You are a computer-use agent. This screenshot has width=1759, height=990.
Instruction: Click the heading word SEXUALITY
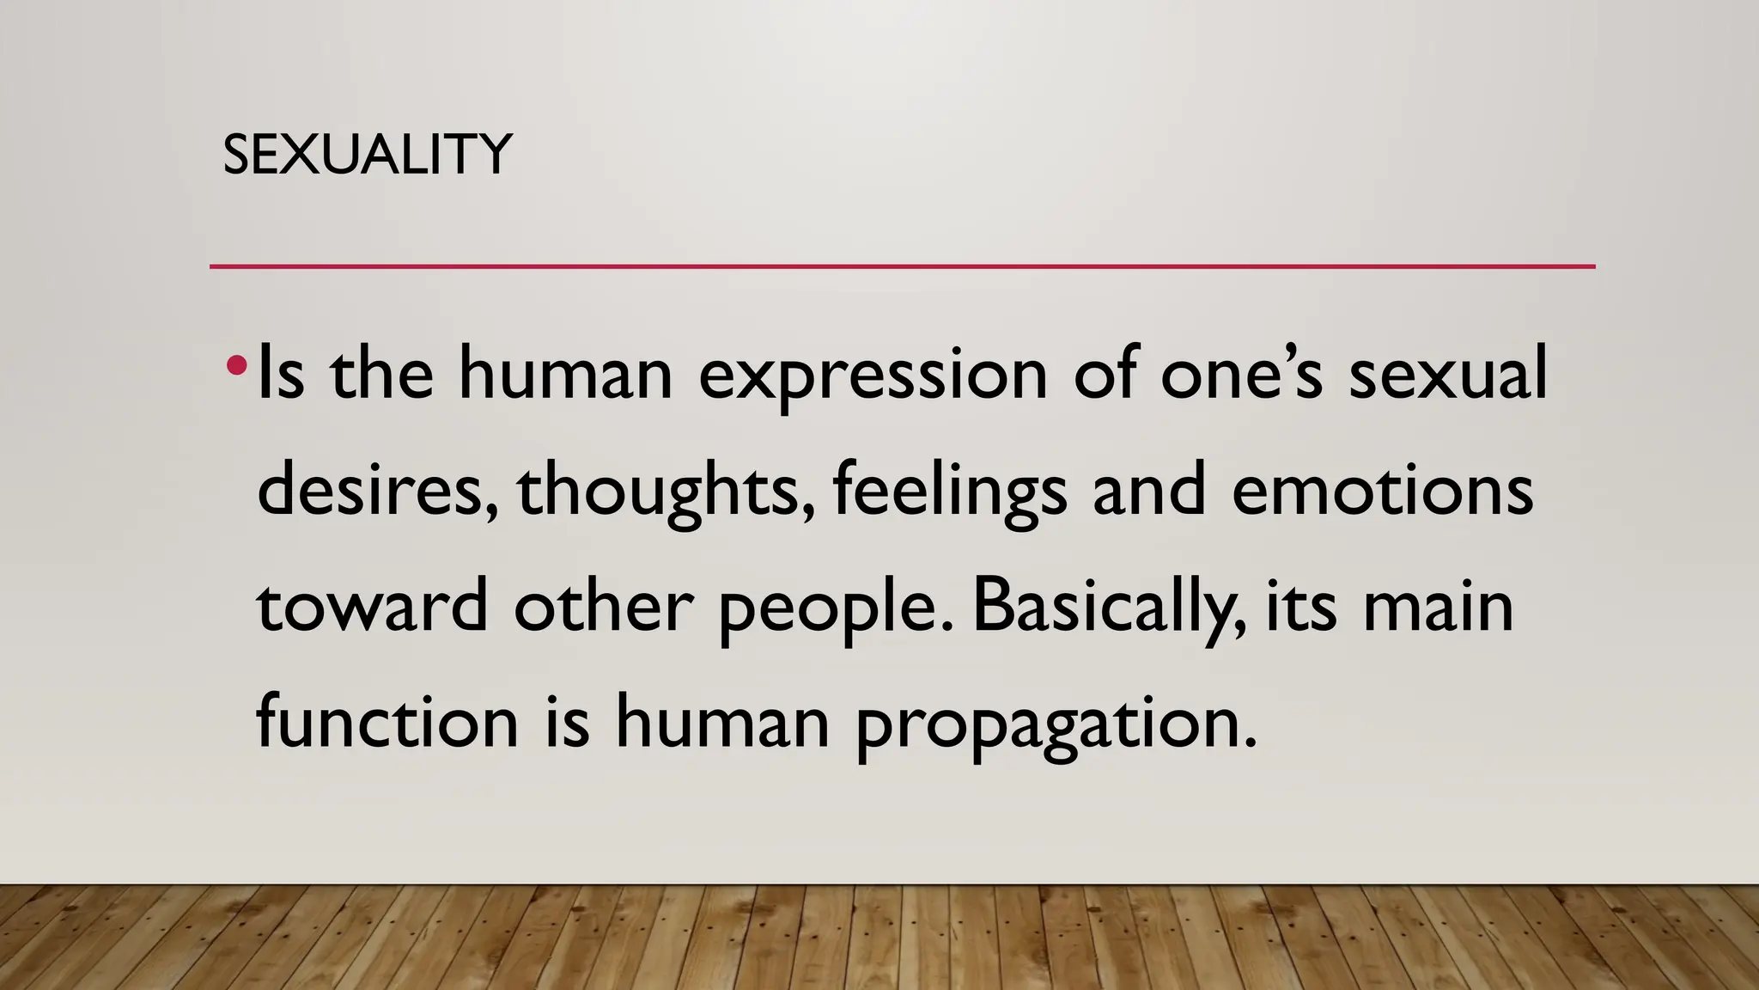pos(367,155)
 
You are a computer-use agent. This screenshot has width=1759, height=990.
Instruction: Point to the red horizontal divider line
pos(902,266)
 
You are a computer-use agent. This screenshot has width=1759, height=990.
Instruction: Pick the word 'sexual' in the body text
pos(1447,375)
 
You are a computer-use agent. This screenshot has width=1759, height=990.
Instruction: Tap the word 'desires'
pos(376,490)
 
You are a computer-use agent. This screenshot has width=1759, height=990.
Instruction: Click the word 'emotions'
pos(1382,490)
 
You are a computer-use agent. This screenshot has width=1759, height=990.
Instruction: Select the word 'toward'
pos(373,606)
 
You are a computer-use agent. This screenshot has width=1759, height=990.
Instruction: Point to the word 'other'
pos(603,606)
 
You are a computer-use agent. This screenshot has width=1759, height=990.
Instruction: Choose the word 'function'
pos(387,722)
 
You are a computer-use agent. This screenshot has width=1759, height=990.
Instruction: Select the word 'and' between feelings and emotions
pos(1149,490)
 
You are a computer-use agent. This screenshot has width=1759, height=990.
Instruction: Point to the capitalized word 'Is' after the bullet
pos(281,375)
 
